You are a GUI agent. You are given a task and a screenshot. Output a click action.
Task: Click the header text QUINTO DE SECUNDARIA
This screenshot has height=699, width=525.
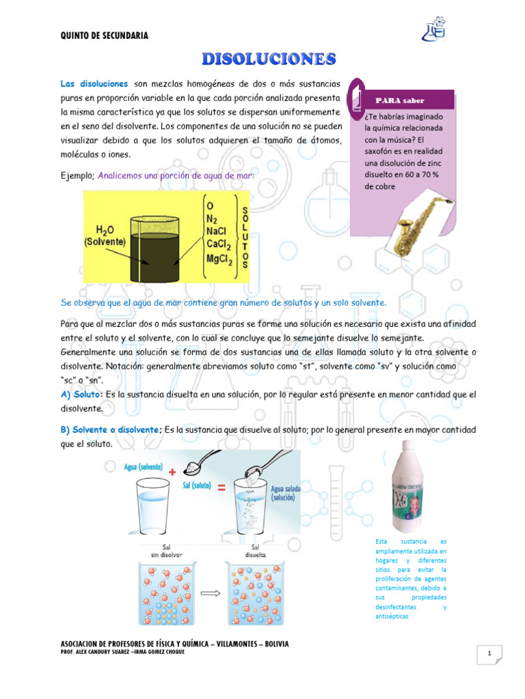tap(103, 35)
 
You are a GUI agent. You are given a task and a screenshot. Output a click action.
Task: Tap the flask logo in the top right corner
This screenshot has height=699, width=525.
tap(435, 29)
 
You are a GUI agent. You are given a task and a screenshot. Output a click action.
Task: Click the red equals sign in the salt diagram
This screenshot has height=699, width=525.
tap(222, 488)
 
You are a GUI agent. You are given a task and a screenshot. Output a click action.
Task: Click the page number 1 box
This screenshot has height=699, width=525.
tap(490, 656)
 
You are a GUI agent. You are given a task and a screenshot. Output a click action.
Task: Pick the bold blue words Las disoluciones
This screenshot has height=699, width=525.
tap(94, 83)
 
